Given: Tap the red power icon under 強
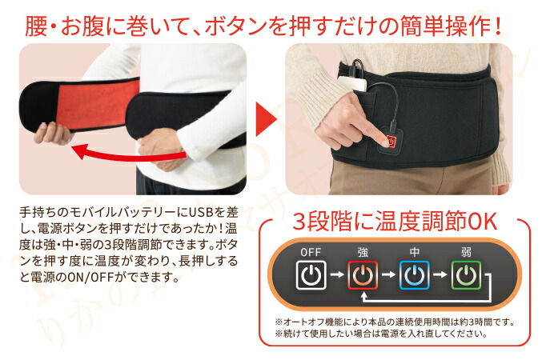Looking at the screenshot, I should pyautogui.click(x=362, y=278).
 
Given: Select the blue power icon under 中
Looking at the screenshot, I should pyautogui.click(x=414, y=278).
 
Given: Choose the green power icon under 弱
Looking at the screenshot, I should pyautogui.click(x=466, y=278).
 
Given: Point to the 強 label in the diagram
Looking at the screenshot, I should pyautogui.click(x=362, y=252).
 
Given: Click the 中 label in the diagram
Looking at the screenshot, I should pyautogui.click(x=414, y=252).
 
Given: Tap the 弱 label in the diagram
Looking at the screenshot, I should pyautogui.click(x=466, y=252).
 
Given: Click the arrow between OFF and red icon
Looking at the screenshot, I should pyautogui.click(x=336, y=278).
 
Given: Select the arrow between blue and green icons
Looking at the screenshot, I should pyautogui.click(x=440, y=278).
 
